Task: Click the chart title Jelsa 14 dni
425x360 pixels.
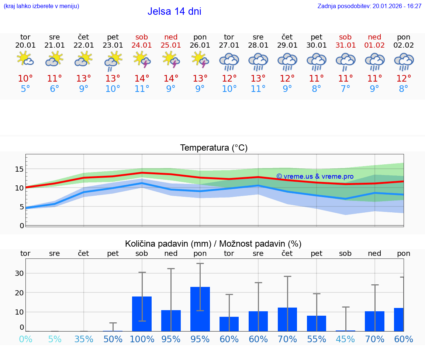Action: tap(175, 11)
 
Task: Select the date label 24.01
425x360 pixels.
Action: tap(142, 45)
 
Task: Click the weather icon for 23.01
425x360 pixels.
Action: tap(113, 61)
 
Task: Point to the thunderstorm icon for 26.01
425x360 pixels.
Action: tap(200, 60)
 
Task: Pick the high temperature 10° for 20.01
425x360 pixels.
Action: tap(25, 79)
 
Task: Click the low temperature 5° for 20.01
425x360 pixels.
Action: tap(25, 89)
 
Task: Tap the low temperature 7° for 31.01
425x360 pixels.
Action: tap(345, 89)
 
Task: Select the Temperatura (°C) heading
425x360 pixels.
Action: tap(214, 148)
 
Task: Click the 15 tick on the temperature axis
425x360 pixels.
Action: tap(19, 169)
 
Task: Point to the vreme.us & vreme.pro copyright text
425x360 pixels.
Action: tap(315, 176)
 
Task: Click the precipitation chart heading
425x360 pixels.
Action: tap(213, 244)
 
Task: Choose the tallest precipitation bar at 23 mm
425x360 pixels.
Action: tap(200, 309)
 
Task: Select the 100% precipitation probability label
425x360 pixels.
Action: tap(142, 339)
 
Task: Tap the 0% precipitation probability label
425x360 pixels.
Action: tap(25, 339)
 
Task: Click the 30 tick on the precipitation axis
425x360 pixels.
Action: tap(19, 274)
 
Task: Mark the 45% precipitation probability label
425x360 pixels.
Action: tap(345, 339)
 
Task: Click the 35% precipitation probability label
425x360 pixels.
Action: tap(84, 339)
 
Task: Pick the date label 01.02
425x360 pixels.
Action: tap(374, 45)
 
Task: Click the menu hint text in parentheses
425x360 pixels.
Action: tap(41, 6)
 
